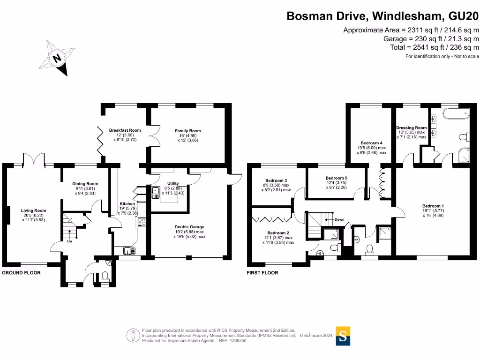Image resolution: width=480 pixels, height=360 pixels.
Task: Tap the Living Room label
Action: pos(33,210)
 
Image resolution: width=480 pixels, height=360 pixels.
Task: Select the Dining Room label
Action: pos(85,184)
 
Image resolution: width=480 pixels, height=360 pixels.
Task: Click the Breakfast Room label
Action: pos(125,130)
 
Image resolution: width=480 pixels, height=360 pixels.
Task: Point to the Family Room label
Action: pos(187,131)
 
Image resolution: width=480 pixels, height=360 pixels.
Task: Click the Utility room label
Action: pos(173,183)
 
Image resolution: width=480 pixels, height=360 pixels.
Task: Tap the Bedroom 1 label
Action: pos(433,206)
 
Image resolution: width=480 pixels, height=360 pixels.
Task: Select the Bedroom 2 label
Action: pos(278,233)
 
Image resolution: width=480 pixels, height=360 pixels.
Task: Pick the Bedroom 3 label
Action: pos(276,180)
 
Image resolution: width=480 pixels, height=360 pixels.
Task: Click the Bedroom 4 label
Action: pos(371,143)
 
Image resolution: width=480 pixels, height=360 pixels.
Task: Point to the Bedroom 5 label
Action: pos(336,178)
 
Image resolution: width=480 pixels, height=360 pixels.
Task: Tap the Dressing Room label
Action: pos(411,127)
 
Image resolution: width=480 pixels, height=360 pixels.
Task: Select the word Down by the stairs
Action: pos(339,219)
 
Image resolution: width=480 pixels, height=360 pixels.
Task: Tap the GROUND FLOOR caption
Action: pos(21,273)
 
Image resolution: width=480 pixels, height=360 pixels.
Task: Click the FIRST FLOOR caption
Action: pos(262,273)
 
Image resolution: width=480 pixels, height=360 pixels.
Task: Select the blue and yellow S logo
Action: pos(343,336)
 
